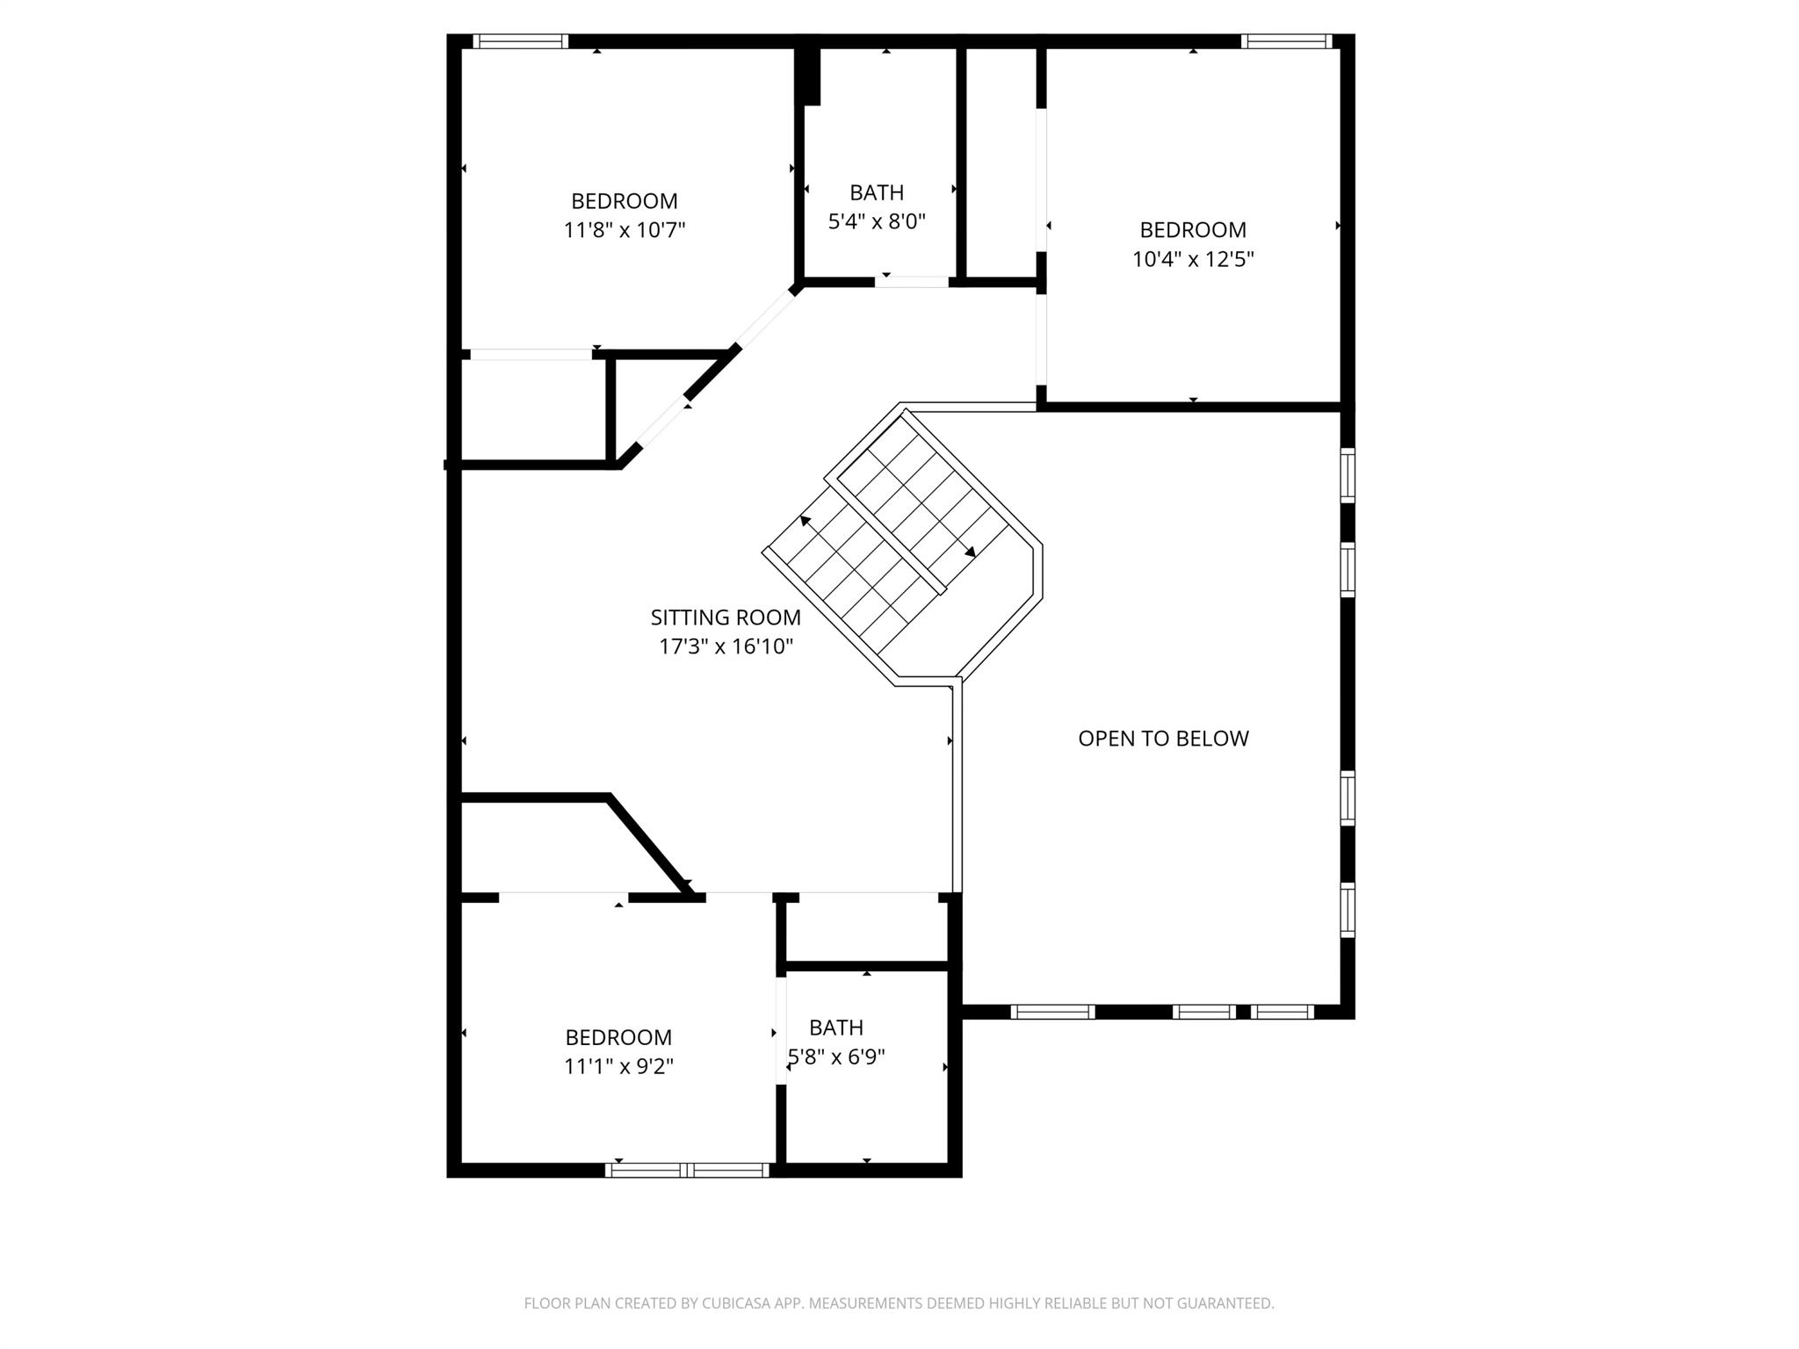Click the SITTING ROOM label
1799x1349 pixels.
(x=726, y=617)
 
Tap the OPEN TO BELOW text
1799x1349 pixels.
(x=1163, y=739)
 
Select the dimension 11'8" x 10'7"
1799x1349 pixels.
(x=624, y=230)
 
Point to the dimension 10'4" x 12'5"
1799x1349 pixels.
(x=1193, y=259)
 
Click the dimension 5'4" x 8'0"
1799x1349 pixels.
(x=877, y=221)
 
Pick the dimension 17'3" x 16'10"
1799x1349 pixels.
(x=726, y=647)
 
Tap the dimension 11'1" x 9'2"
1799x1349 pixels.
(x=618, y=1066)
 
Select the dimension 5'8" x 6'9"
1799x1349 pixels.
(x=836, y=1057)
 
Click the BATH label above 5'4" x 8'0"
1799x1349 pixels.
(x=877, y=192)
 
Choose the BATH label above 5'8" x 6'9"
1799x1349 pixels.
(x=836, y=1028)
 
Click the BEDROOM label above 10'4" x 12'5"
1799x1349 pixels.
(x=1193, y=230)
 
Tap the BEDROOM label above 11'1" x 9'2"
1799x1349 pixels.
(x=618, y=1037)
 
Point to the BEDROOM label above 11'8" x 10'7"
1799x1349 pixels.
(x=624, y=201)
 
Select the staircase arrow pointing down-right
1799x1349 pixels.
(x=969, y=552)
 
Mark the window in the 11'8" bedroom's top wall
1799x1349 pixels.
(x=521, y=41)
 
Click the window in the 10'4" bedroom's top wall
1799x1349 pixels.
(x=1287, y=41)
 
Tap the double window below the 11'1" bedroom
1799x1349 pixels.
(x=688, y=1170)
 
